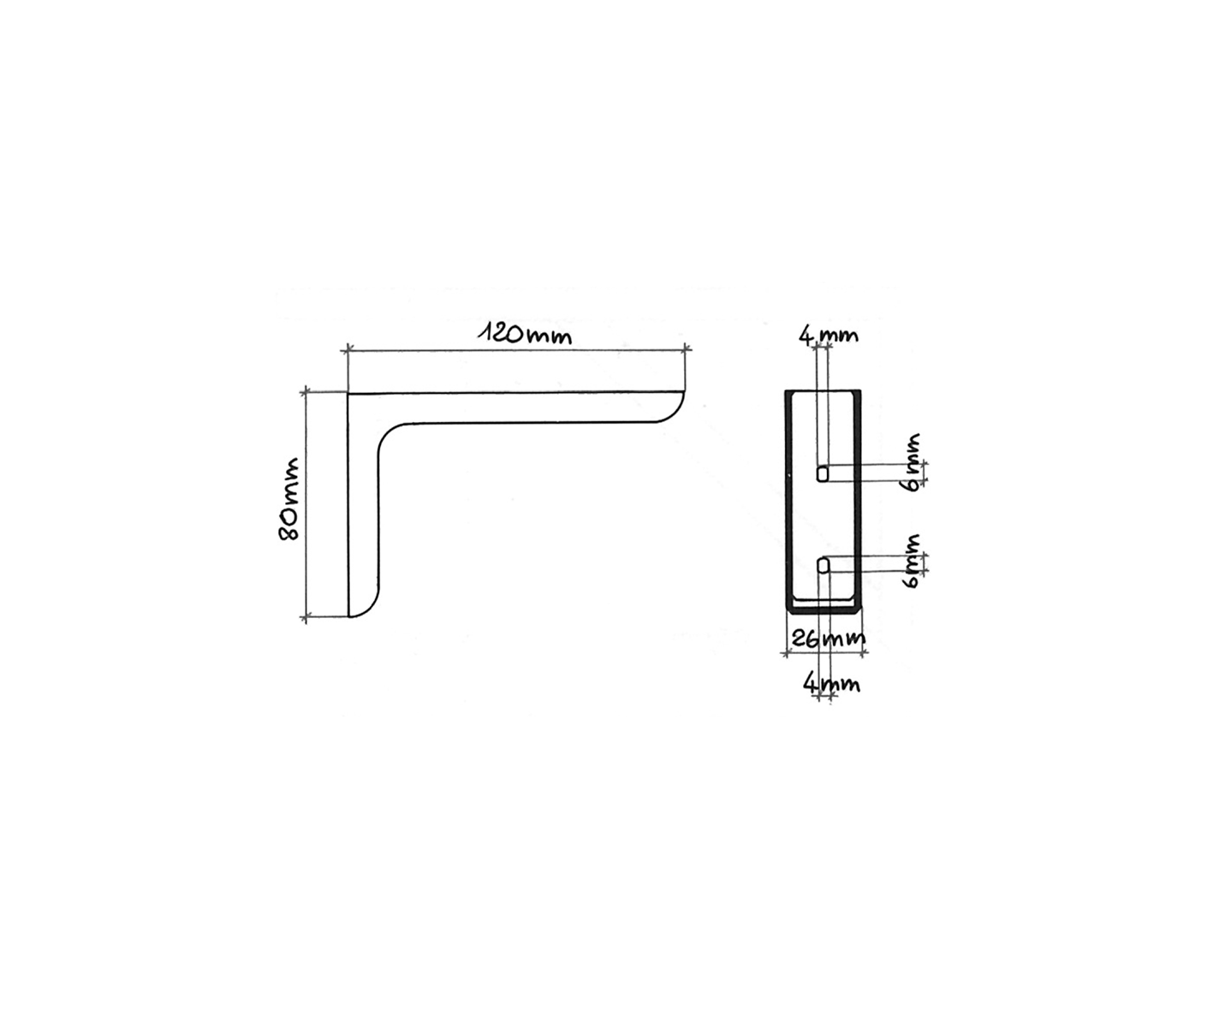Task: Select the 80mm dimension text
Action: (288, 499)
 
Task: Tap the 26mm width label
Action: (827, 639)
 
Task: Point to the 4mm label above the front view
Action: (829, 336)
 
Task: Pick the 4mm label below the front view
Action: (831, 684)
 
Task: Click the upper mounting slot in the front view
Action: (822, 473)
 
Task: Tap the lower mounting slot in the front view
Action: (823, 564)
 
